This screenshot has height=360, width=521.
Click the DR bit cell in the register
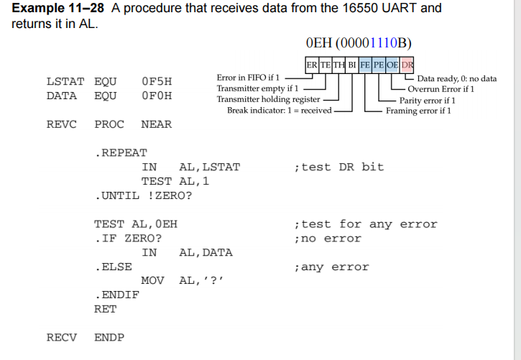[x=407, y=65]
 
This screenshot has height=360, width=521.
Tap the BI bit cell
[x=352, y=65]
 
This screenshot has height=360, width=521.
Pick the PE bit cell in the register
[x=379, y=65]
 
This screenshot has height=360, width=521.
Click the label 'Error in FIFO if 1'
[x=248, y=77]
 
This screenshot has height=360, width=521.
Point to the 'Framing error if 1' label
[x=418, y=111]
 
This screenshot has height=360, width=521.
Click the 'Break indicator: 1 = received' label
[x=280, y=111]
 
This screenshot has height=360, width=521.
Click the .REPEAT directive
[x=120, y=152]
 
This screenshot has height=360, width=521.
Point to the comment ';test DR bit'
[x=339, y=167]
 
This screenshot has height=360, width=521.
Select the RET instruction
[x=105, y=309]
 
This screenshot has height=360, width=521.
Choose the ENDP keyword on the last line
[x=109, y=337]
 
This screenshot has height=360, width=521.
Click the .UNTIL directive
[x=116, y=195]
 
